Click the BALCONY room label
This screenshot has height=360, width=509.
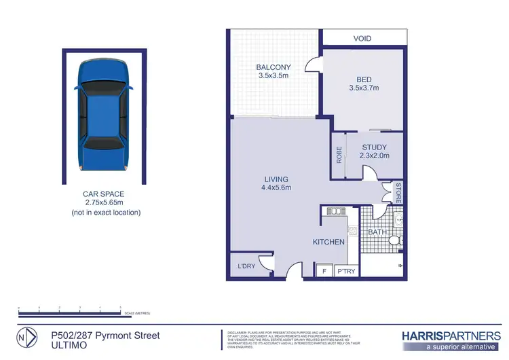[x=274, y=67]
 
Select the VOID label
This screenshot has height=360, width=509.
[x=362, y=39]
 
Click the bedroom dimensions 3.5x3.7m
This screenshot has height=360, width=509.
[x=362, y=88]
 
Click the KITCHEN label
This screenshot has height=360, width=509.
[x=328, y=242]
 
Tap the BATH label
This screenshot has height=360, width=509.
[x=377, y=232]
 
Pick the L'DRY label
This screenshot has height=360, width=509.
[x=246, y=266]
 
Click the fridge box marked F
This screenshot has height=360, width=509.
[x=324, y=271]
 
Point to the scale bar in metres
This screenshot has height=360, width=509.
[x=69, y=312]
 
